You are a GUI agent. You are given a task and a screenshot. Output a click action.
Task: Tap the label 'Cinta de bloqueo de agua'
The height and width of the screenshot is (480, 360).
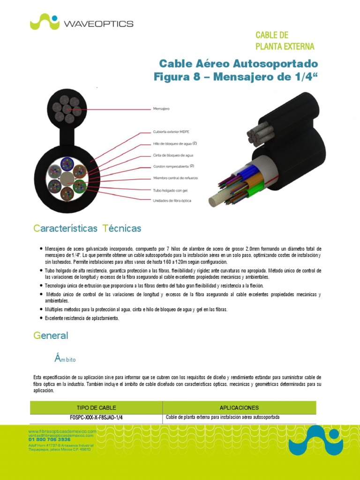(x=173, y=155)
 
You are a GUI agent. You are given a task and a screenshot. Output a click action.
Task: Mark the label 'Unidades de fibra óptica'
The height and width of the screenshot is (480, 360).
(x=172, y=201)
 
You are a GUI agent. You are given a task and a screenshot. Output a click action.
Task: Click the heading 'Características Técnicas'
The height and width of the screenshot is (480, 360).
(x=87, y=229)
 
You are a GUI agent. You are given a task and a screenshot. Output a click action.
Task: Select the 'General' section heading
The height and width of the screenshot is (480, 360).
(x=51, y=336)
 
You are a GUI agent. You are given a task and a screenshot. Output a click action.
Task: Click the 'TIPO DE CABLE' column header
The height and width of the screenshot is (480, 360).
(x=97, y=408)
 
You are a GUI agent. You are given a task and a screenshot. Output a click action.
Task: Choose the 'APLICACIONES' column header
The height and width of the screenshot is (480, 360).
(x=239, y=408)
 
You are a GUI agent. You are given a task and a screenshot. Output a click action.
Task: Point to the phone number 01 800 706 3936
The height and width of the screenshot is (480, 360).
(x=50, y=440)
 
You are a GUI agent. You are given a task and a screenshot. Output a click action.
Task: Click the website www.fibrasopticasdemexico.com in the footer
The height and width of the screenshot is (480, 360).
(x=62, y=431)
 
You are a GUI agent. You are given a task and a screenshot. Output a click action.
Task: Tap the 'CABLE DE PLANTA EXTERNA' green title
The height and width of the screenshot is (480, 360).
(x=285, y=41)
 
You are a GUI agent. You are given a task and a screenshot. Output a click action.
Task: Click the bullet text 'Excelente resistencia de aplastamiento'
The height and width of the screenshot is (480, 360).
(x=82, y=318)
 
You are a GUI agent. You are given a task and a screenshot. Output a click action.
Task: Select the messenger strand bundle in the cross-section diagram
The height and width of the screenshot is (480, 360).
(x=66, y=109)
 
